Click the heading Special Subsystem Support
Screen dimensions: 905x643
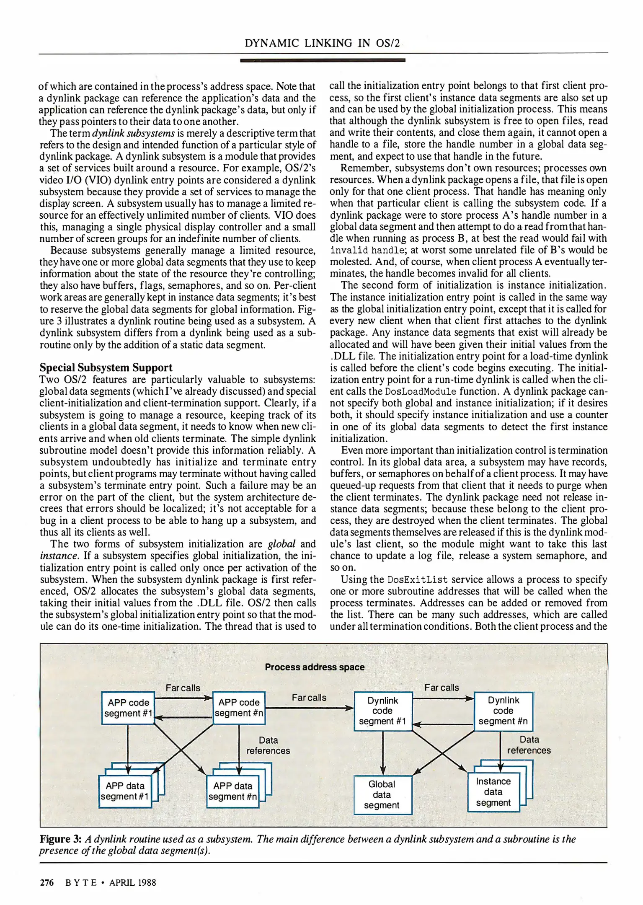point(106,367)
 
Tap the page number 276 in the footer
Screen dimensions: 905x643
point(46,882)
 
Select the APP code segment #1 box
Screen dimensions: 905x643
point(128,708)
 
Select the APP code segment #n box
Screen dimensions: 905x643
point(239,708)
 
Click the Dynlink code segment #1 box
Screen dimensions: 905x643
point(382,711)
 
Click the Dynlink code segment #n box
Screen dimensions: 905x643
point(503,711)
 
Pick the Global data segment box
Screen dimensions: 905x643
point(382,794)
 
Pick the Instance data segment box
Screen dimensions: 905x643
point(493,792)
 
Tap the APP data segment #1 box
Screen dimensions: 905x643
point(124,791)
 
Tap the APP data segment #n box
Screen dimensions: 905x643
point(232,791)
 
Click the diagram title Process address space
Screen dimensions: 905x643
point(315,667)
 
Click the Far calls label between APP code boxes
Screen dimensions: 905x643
point(183,688)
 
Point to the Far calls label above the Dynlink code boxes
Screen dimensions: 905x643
point(442,688)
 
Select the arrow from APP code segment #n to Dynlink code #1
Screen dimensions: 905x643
point(310,708)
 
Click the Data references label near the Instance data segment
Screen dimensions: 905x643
point(529,745)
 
